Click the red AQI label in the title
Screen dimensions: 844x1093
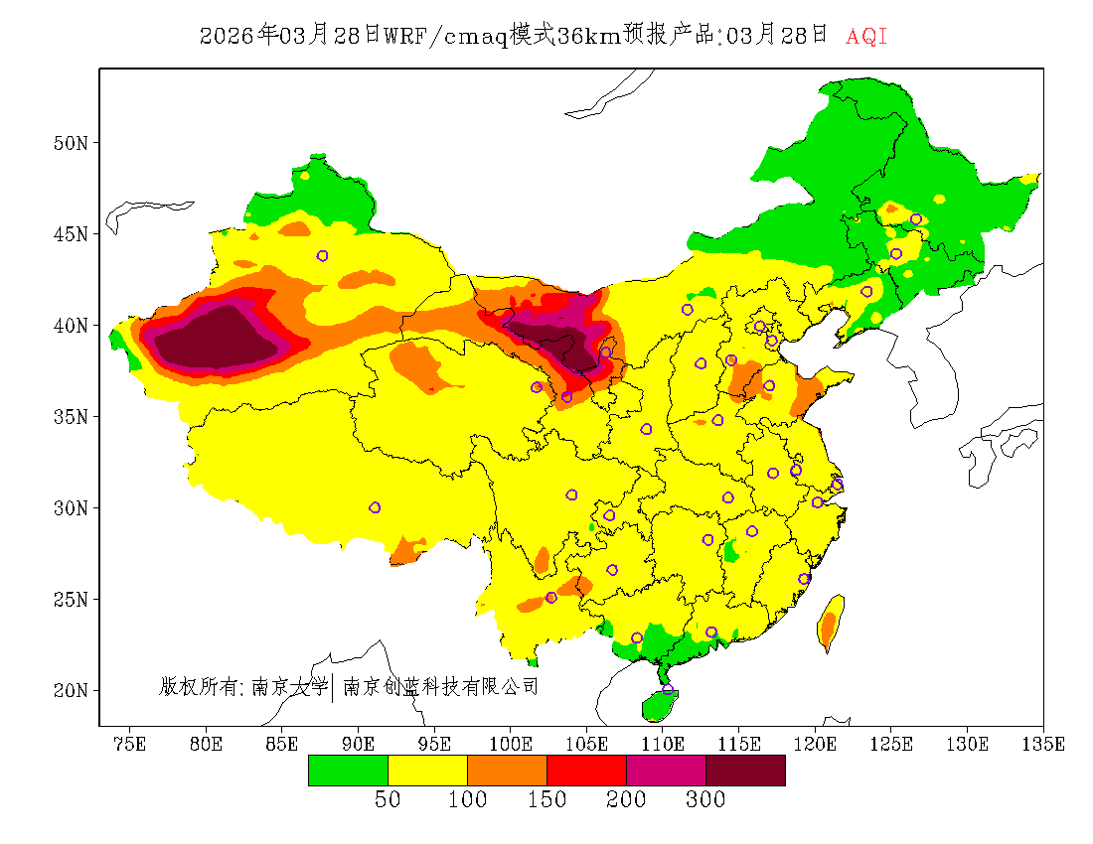click(x=865, y=37)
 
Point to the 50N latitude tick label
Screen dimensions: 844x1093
click(x=70, y=143)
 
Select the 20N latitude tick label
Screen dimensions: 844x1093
click(x=70, y=690)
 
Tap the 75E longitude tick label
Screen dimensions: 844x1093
click(x=129, y=744)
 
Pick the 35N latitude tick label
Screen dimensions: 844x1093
click(x=70, y=416)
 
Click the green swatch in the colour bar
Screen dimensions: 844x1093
click(x=348, y=771)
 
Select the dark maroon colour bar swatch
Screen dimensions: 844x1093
click(x=745, y=771)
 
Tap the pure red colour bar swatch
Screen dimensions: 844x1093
click(x=586, y=771)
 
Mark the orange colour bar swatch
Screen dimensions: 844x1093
click(x=507, y=771)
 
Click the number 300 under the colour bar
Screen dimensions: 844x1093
click(x=705, y=800)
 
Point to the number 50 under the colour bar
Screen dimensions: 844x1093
click(x=388, y=800)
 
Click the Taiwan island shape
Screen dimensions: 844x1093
click(x=830, y=622)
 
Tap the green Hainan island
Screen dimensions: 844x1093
click(x=658, y=706)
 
